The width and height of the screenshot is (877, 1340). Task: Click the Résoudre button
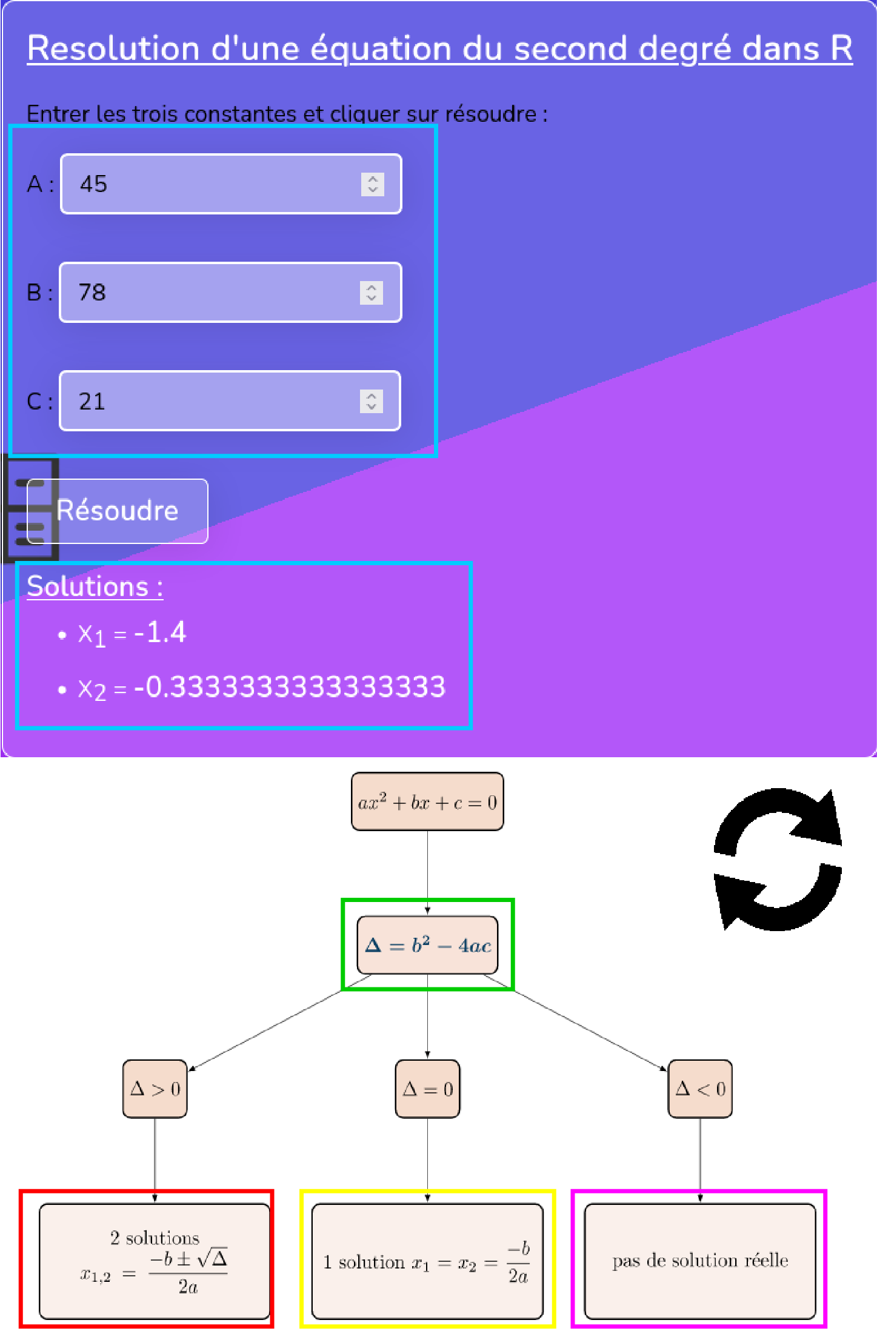pyautogui.click(x=118, y=511)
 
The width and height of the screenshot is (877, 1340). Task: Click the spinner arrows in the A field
pyautogui.click(x=373, y=184)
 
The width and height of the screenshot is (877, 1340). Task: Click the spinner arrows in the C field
pyautogui.click(x=372, y=401)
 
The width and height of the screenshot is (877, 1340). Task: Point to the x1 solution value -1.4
pyautogui.click(x=160, y=633)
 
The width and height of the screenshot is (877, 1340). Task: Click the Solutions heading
pyautogui.click(x=95, y=587)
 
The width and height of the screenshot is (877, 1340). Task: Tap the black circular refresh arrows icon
pyautogui.click(x=778, y=859)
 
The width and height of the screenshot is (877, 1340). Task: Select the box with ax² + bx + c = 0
pyautogui.click(x=427, y=801)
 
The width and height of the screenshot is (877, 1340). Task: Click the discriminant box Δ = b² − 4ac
pyautogui.click(x=427, y=945)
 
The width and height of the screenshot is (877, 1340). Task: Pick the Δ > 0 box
pyautogui.click(x=155, y=1089)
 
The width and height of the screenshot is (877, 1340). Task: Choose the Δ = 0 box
pyautogui.click(x=427, y=1089)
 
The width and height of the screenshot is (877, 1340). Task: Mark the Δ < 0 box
pyautogui.click(x=700, y=1089)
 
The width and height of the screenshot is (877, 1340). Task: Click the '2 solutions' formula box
pyautogui.click(x=154, y=1261)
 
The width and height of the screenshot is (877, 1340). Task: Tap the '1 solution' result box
pyautogui.click(x=427, y=1261)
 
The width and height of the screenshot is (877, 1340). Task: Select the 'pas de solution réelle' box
pyautogui.click(x=700, y=1261)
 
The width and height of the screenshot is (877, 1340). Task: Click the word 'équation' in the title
pyautogui.click(x=381, y=48)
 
